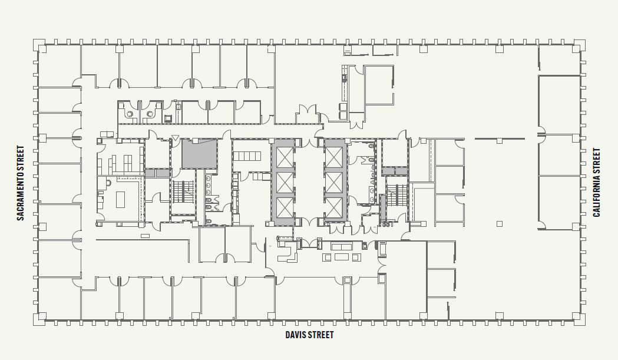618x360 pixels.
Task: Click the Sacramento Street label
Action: (20, 183)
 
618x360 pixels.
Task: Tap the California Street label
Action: (597, 183)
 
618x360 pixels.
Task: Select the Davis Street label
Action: (309, 335)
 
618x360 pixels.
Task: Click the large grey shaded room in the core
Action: (199, 153)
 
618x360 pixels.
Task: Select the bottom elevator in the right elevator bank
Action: (333, 207)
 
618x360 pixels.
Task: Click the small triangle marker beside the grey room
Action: (174, 139)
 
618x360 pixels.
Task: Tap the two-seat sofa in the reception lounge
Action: (342, 246)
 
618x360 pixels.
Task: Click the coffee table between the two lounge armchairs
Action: (342, 257)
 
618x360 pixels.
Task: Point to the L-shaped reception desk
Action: (289, 252)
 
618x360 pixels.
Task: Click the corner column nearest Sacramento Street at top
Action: (39, 45)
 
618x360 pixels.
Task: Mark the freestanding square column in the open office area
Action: (500, 223)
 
